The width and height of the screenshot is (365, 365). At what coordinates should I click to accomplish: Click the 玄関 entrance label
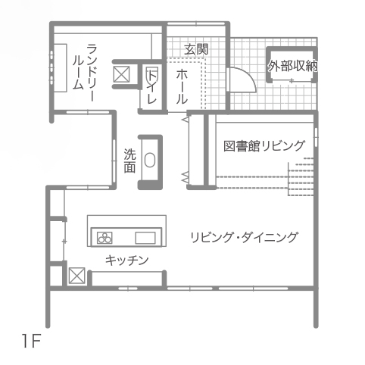pyautogui.click(x=196, y=49)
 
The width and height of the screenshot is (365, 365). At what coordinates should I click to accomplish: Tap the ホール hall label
pyautogui.click(x=182, y=87)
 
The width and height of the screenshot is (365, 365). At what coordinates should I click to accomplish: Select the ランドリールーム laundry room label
pyautogui.click(x=85, y=72)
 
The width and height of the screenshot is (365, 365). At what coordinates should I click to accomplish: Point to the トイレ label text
pyautogui.click(x=152, y=87)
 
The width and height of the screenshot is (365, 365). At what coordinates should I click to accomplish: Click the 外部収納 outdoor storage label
pyautogui.click(x=292, y=66)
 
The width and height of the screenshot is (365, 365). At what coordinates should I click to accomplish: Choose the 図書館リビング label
pyautogui.click(x=264, y=145)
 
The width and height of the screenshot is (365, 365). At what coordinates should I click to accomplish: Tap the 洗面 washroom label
pyautogui.click(x=129, y=161)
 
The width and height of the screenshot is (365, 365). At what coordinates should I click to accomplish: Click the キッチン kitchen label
pyautogui.click(x=127, y=260)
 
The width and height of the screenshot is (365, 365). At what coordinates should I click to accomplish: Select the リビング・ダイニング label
pyautogui.click(x=244, y=237)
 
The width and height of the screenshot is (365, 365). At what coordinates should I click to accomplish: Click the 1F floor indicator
pyautogui.click(x=31, y=341)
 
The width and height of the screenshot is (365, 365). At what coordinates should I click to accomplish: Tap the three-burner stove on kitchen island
pyautogui.click(x=105, y=238)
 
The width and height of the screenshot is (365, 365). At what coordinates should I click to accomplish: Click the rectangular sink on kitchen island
pyautogui.click(x=145, y=238)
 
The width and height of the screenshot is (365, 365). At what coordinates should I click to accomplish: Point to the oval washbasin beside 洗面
pyautogui.click(x=150, y=160)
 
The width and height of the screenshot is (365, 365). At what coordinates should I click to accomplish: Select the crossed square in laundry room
pyautogui.click(x=121, y=74)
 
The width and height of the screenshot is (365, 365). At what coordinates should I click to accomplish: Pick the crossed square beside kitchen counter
pyautogui.click(x=76, y=276)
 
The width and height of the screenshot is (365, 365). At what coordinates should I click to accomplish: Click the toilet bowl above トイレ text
pyautogui.click(x=152, y=73)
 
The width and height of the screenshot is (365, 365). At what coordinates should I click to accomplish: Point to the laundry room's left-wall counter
pyautogui.click(x=61, y=68)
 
